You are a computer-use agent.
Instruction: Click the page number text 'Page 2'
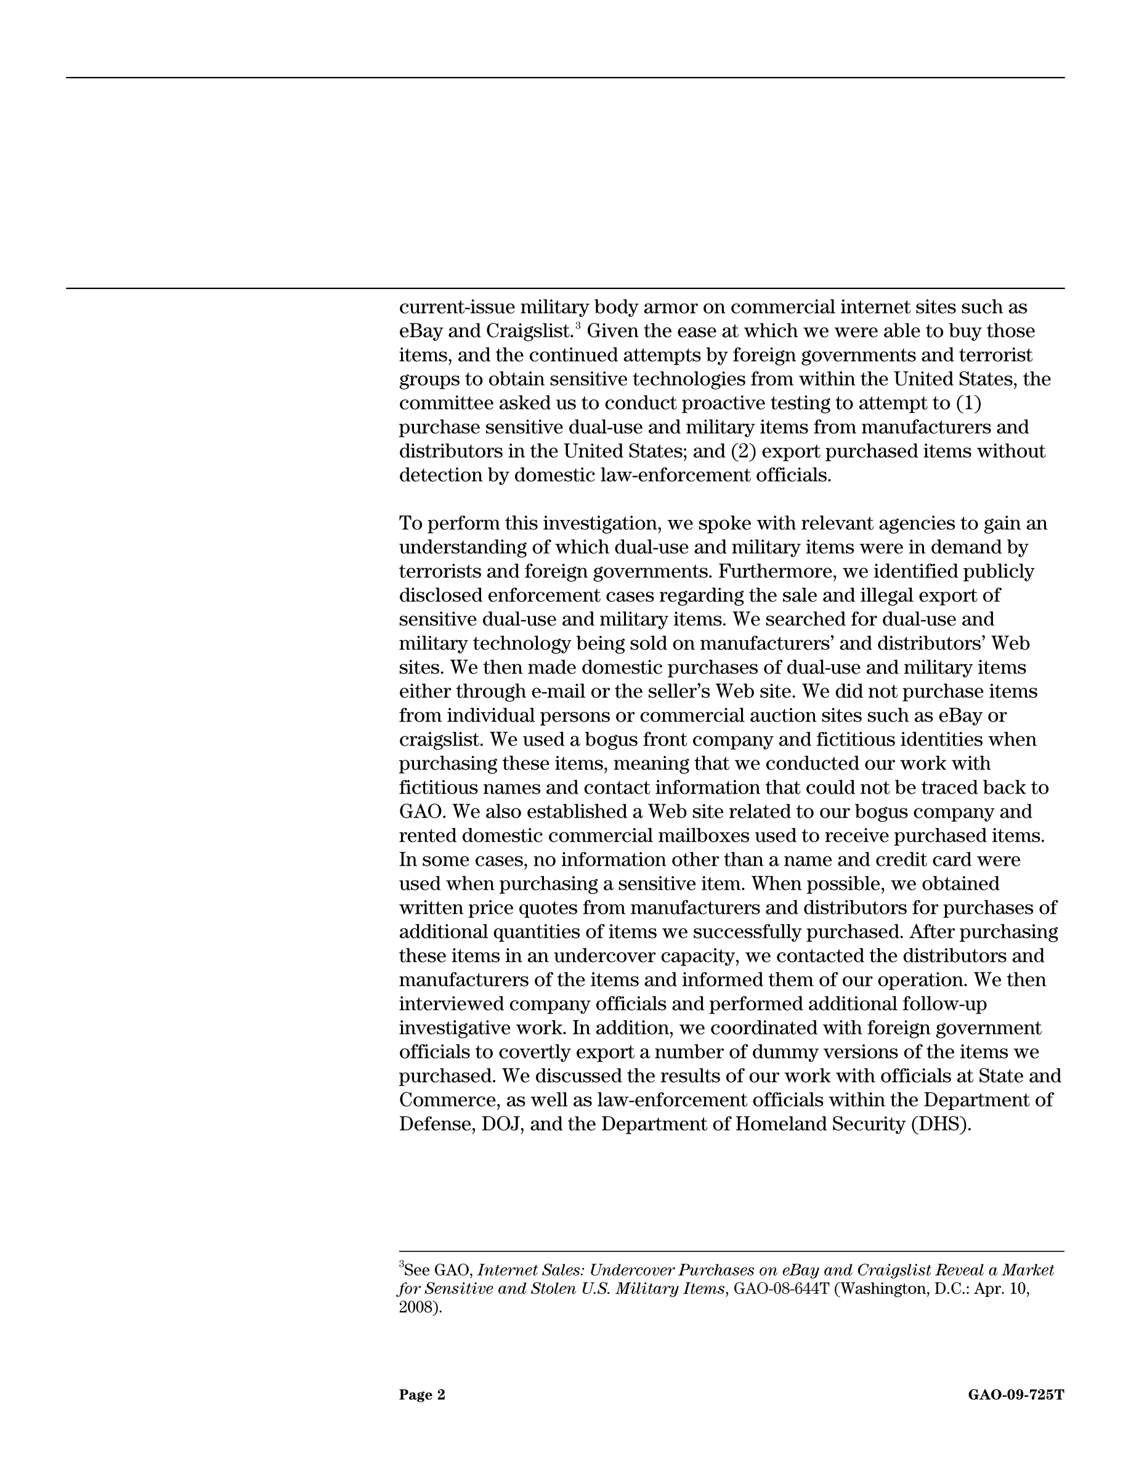point(422,1395)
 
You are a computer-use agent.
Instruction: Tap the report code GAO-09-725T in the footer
point(1016,1395)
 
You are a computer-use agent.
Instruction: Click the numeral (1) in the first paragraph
point(968,404)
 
